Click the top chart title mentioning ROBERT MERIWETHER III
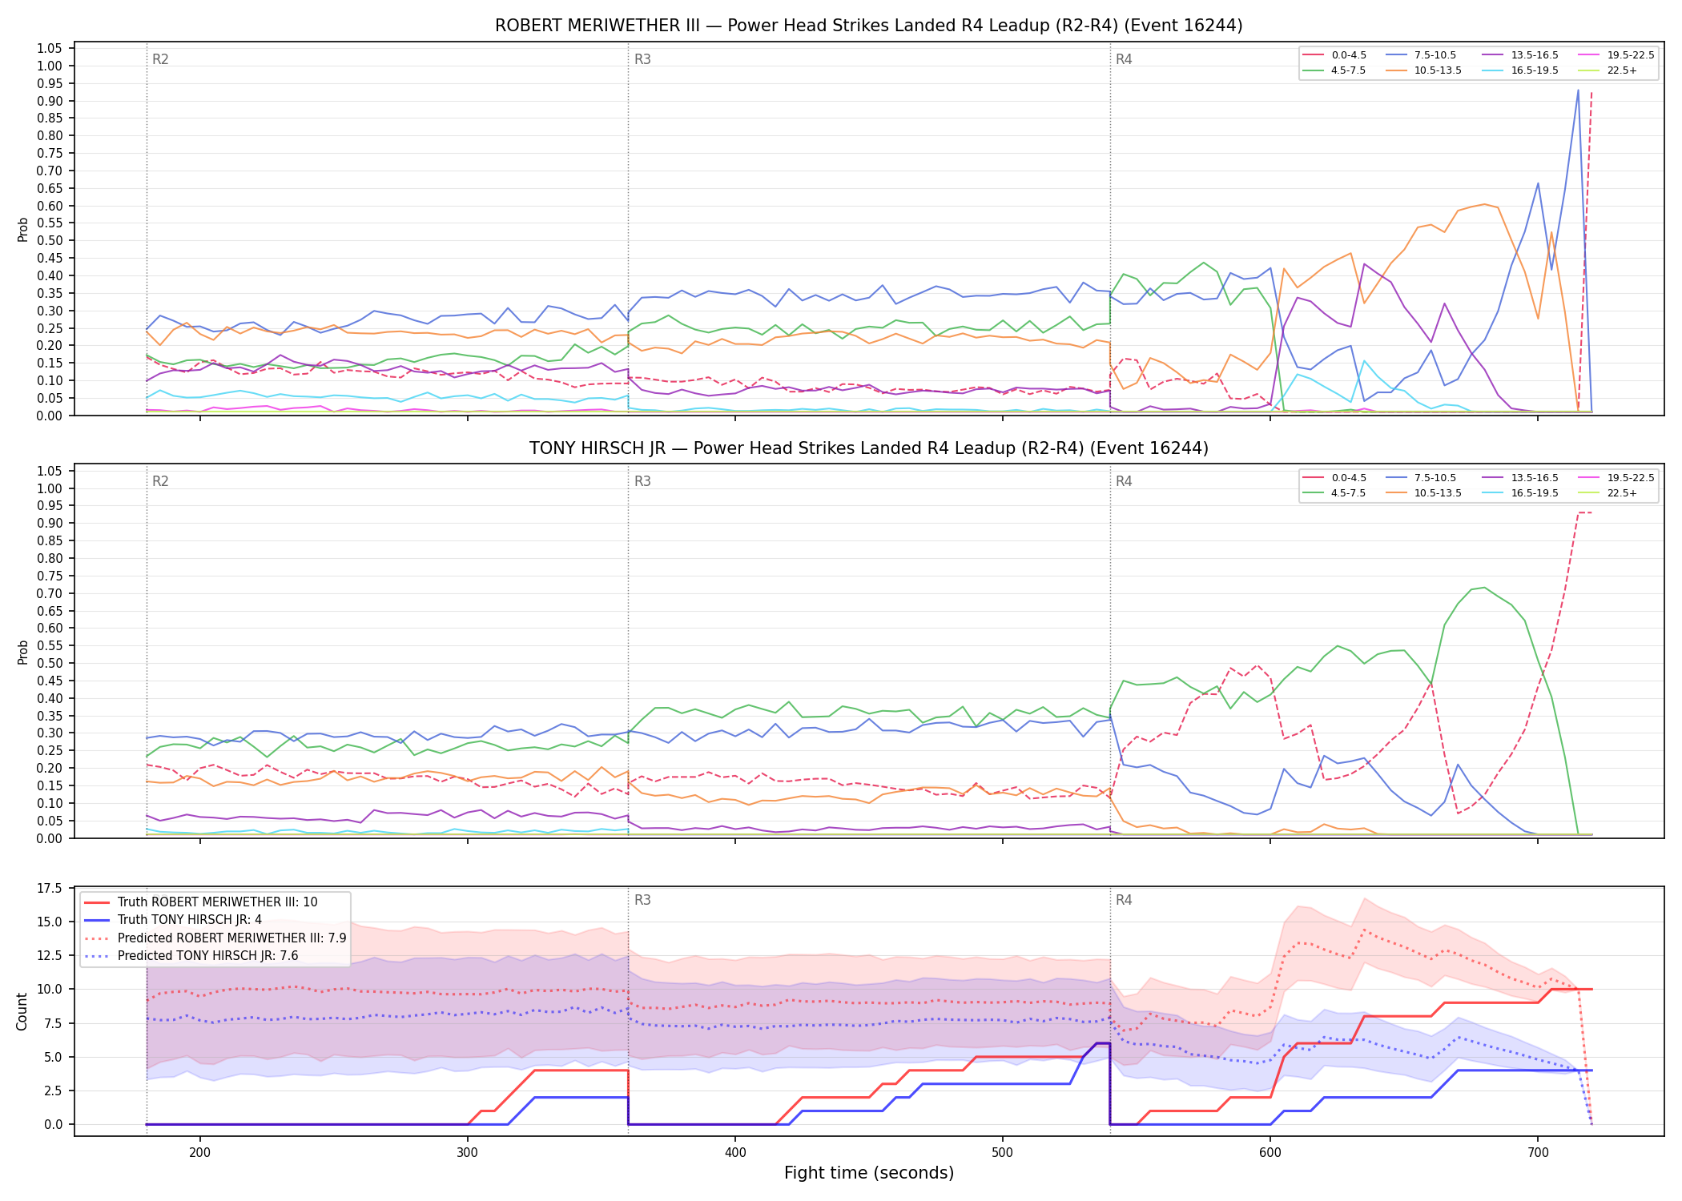[868, 26]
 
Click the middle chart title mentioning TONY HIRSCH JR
[868, 448]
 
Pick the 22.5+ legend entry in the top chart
[1608, 70]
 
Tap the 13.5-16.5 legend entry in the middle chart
[1520, 478]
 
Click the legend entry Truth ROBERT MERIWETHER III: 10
[201, 902]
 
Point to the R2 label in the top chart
[160, 59]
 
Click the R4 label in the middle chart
[1124, 481]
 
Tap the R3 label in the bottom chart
[642, 900]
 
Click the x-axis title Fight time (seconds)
[869, 1173]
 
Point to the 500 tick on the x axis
[1003, 1152]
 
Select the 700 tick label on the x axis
[1538, 1152]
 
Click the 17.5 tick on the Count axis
[50, 888]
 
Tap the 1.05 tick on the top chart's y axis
[50, 49]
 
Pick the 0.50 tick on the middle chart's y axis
[50, 664]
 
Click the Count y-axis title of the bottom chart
[22, 1011]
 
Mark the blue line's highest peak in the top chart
[1578, 90]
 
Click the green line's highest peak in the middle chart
[1484, 588]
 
